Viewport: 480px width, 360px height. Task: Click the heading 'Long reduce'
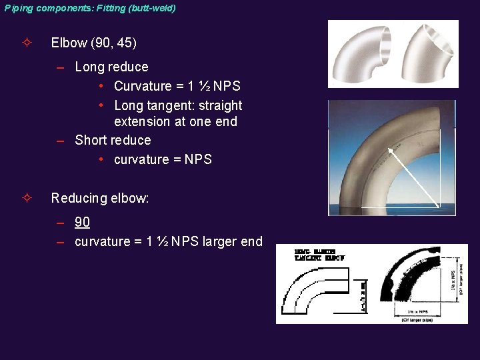point(111,67)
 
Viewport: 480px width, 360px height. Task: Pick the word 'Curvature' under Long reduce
point(143,86)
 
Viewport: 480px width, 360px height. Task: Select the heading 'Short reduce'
point(113,140)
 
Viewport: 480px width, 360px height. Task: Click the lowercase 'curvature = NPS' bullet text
point(163,159)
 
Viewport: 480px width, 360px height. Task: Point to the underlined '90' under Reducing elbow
point(82,222)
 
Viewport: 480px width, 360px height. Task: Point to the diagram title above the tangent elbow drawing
point(319,255)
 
